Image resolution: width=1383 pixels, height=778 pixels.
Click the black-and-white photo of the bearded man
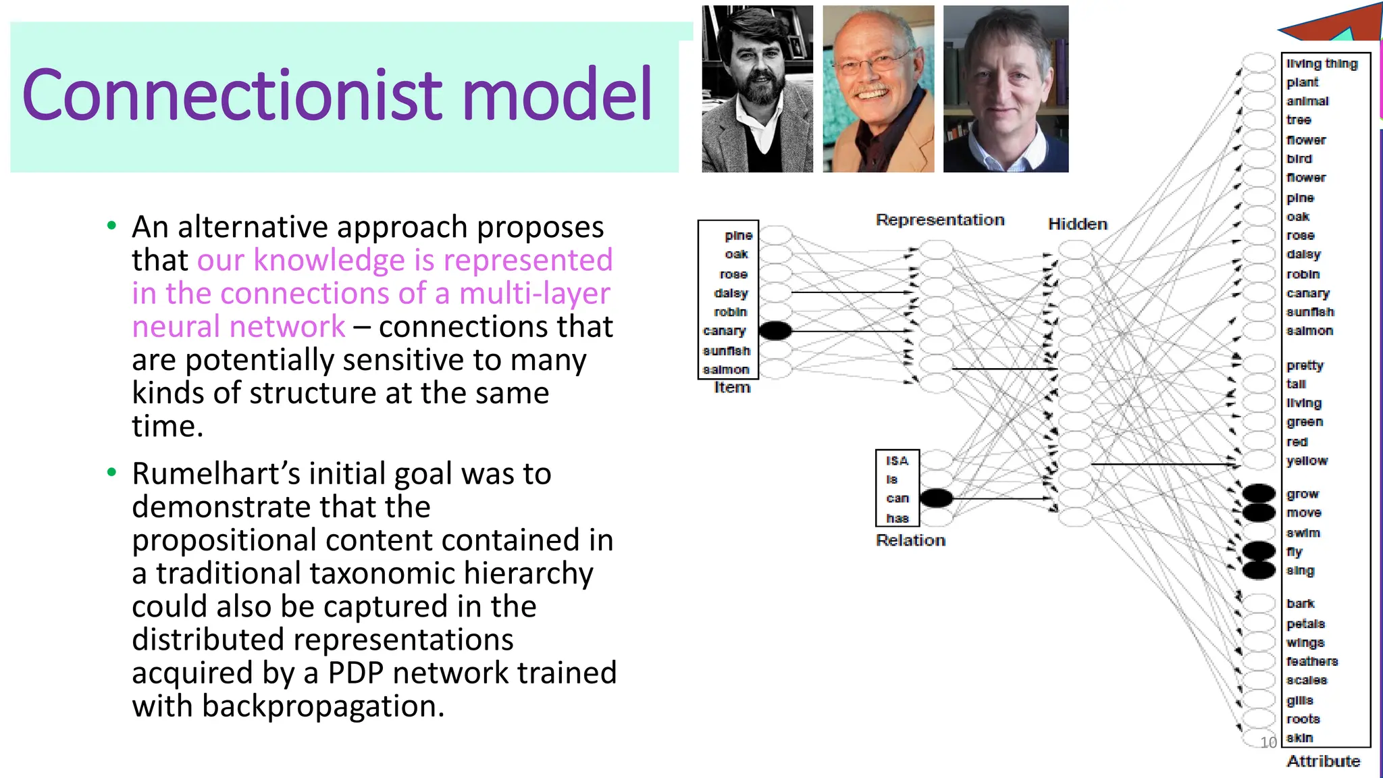coord(757,89)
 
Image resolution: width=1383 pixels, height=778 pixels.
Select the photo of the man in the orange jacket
coord(878,89)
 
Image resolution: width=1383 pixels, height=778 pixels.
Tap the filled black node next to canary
coord(775,330)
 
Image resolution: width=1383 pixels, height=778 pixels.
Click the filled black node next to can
coord(936,498)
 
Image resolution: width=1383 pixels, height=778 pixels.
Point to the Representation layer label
coord(940,220)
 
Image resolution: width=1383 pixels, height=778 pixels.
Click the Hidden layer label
coord(1077,224)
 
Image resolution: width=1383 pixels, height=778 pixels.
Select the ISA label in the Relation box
coord(897,461)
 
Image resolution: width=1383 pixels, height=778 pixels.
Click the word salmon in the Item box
coord(726,369)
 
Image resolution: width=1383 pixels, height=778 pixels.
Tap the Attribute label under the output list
coord(1323,761)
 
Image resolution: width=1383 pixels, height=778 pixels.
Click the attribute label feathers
coord(1311,661)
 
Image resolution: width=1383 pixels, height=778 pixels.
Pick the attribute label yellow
coord(1307,461)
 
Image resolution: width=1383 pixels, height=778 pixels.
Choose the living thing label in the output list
coord(1322,63)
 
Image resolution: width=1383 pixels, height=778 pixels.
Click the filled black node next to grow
coord(1259,493)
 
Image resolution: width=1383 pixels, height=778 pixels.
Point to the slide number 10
coord(1268,742)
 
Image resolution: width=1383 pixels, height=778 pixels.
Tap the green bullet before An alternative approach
coord(111,226)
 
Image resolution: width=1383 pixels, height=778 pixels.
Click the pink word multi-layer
coord(534,294)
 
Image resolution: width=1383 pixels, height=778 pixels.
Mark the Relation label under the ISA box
coord(910,540)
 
